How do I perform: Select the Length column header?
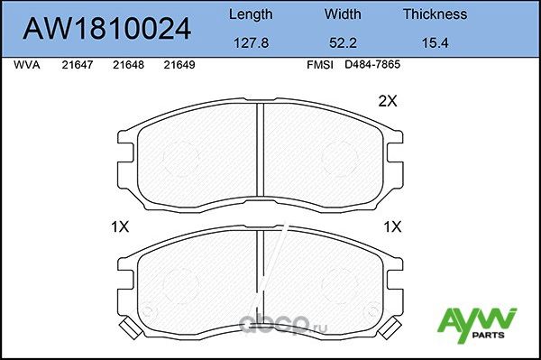pos(250,14)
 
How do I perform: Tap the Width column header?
pos(343,14)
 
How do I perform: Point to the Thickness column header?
pos(434,14)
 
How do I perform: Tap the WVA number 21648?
pos(129,66)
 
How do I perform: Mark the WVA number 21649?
pos(180,66)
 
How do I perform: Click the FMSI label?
pos(321,66)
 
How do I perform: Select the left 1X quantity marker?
pos(118,226)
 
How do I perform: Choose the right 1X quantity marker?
pos(392,226)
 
